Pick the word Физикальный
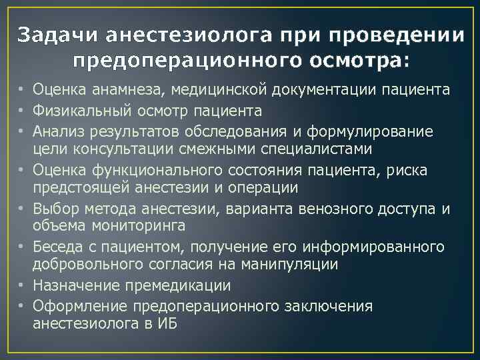coord(75,110)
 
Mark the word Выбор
coord(52,209)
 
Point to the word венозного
coord(337,209)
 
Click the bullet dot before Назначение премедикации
coord(22,286)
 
